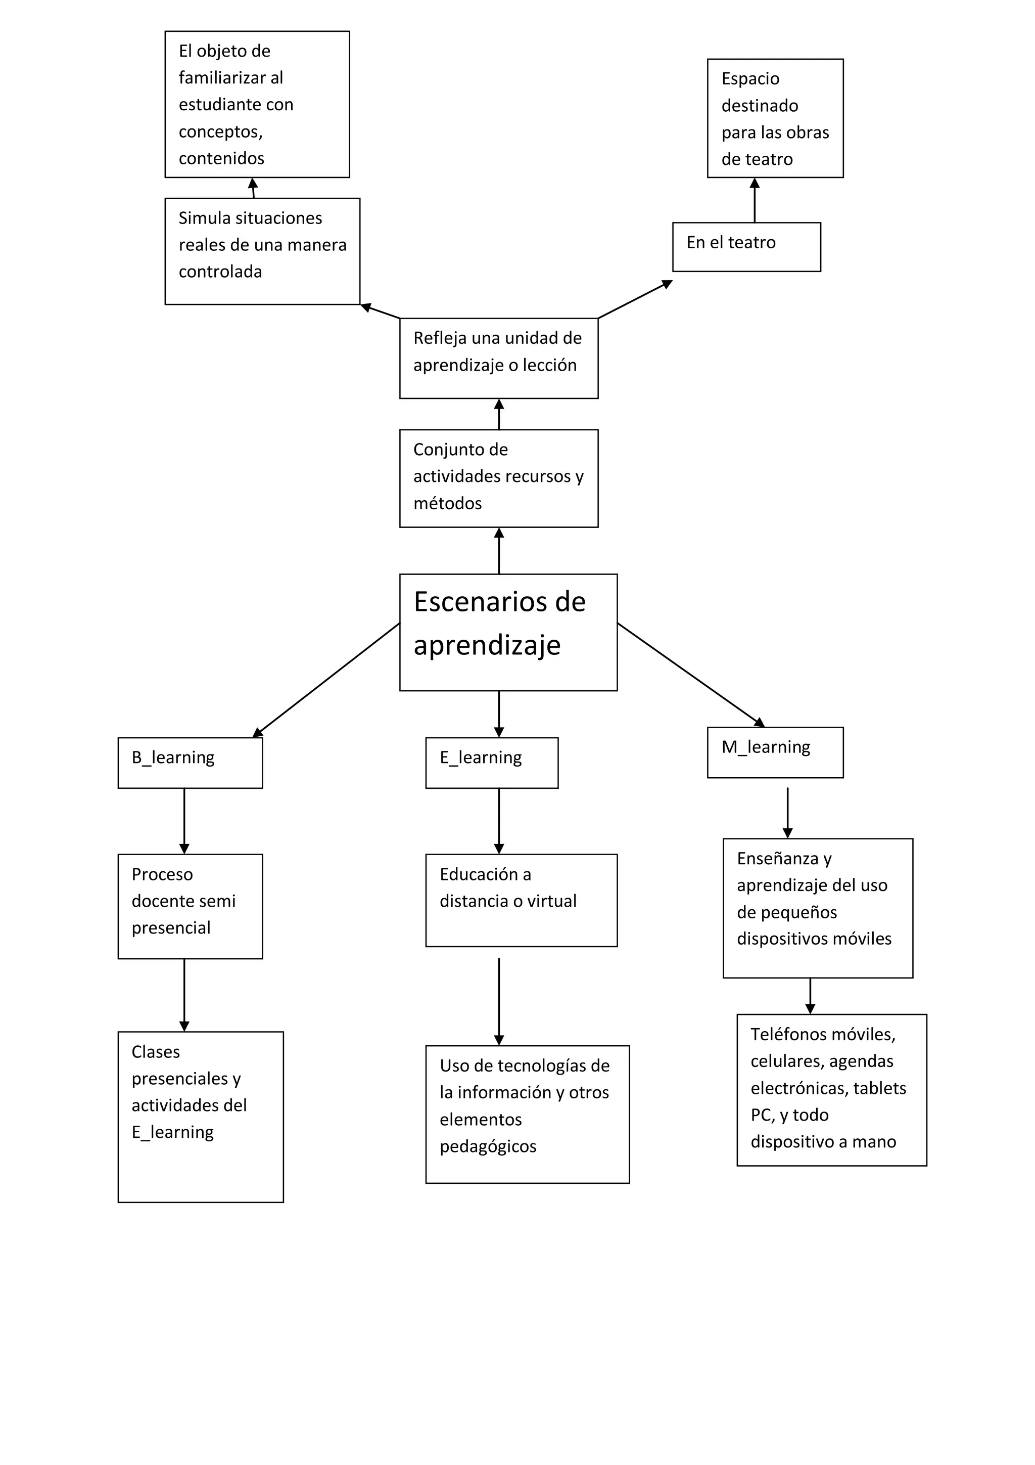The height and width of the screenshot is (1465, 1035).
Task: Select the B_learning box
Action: pyautogui.click(x=190, y=763)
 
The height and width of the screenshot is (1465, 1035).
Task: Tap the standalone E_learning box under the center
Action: pyautogui.click(x=491, y=763)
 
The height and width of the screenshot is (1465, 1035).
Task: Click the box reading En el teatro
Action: pyautogui.click(x=745, y=246)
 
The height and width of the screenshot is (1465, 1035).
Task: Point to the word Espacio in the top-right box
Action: pyautogui.click(x=750, y=78)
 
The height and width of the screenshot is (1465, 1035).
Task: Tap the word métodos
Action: pyautogui.click(x=447, y=504)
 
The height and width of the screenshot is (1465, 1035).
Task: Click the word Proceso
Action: pyautogui.click(x=162, y=874)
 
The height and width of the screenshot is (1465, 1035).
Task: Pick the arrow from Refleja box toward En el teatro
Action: pyautogui.click(x=635, y=299)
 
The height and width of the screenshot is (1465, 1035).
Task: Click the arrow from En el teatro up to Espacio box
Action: pyautogui.click(x=755, y=200)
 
